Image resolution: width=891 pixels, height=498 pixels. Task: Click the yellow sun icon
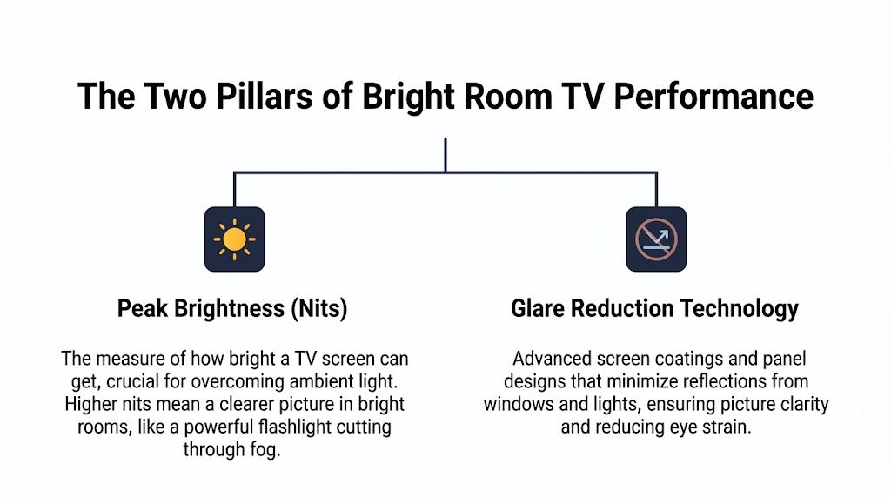tap(234, 239)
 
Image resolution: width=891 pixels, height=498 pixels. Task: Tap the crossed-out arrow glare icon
tap(656, 239)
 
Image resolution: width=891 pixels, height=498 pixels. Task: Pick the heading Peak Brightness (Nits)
tap(232, 309)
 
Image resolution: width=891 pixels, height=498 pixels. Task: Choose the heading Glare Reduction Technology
tap(654, 309)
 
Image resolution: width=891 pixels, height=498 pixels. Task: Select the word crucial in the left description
tap(148, 382)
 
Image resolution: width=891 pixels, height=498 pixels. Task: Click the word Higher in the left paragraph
tap(90, 405)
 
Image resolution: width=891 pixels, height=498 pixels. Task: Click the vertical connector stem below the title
tap(445, 155)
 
